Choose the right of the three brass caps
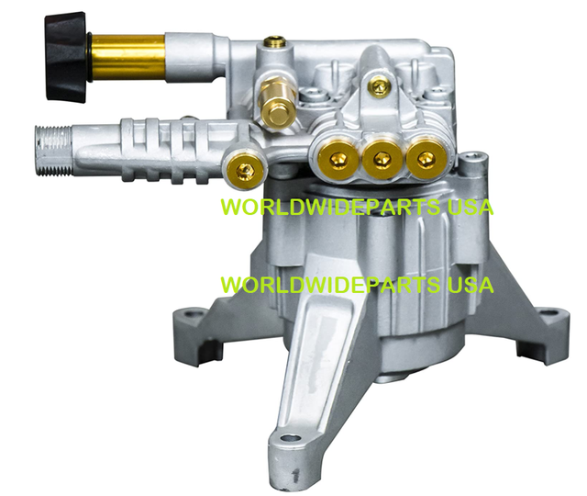(x=420, y=158)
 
